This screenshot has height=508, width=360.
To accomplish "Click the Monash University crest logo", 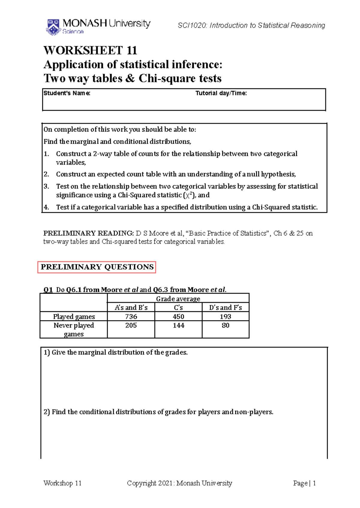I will coord(53,27).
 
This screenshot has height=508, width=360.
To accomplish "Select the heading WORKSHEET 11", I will coord(90,50).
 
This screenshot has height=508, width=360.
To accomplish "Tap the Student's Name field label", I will coord(67,93).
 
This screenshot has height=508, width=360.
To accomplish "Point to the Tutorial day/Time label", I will coord(221,93).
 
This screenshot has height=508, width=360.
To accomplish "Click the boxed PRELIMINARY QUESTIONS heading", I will coord(97,267).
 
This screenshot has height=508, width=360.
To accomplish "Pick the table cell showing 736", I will coord(131,316).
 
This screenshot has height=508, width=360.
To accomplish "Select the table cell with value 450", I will coord(178,316).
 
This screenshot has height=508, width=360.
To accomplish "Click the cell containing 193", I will coord(225,316).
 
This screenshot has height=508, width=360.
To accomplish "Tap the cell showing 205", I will coord(131,325).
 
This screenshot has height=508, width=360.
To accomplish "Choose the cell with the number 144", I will coord(178,325).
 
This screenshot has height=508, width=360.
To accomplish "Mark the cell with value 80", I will coord(225,325).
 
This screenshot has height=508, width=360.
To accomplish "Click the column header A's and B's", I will coord(131,307).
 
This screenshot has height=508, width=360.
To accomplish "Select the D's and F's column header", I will coord(225,307).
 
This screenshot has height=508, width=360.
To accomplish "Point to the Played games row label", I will coord(74,316).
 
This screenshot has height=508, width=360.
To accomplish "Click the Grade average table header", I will coord(178,299).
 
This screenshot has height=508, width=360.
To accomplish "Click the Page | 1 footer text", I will coord(304,483).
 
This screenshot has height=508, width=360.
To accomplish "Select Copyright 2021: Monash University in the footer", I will coord(179,483).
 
